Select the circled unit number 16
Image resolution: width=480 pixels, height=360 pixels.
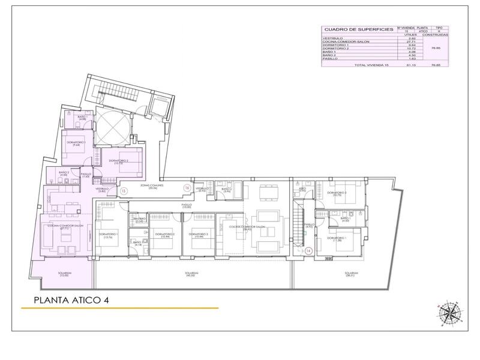tap(187, 188)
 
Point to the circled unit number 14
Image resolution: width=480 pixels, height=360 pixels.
tap(308, 251)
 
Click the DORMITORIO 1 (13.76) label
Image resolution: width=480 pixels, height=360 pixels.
tap(109, 235)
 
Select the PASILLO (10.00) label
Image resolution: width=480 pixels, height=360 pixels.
tap(187, 206)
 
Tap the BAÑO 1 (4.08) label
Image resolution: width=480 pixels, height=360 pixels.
tap(82, 118)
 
